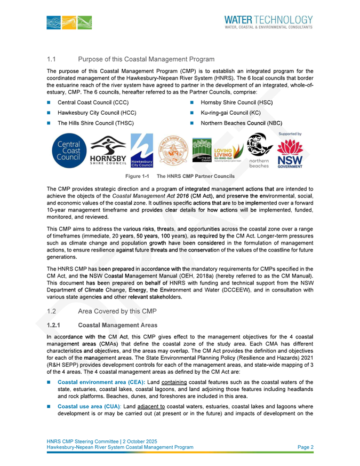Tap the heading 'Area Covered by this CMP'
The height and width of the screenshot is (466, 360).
tap(117, 310)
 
